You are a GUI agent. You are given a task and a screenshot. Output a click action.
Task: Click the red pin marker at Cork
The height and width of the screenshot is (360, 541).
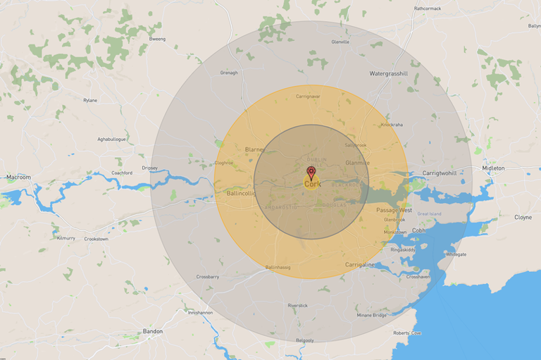pos(311,172)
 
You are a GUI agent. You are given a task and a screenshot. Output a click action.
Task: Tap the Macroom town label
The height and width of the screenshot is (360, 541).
pos(18,177)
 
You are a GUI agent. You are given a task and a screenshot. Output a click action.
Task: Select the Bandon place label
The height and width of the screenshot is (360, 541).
pos(153,331)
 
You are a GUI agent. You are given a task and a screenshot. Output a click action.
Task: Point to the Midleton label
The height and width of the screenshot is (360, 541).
pos(493,168)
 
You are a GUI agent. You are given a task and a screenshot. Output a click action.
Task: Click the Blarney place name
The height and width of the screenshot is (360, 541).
pos(254,149)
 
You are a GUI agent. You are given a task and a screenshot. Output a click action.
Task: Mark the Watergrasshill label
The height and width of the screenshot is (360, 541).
pos(389,73)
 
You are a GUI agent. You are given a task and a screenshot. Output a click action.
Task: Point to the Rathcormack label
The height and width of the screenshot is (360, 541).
pos(428,8)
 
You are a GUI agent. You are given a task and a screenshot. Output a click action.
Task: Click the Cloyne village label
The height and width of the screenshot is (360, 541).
pos(523,217)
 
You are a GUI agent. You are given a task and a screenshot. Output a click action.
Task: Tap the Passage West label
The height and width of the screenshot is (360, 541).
pos(394,210)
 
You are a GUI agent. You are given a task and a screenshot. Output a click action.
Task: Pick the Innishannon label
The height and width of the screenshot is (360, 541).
pos(200,311)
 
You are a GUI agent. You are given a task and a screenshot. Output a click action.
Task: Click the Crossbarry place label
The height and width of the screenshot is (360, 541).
pos(208,277)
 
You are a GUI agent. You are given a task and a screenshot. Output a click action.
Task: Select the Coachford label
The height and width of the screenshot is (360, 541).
pos(122,173)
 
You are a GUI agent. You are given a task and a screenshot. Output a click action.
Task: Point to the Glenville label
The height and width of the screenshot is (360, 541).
pos(340,42)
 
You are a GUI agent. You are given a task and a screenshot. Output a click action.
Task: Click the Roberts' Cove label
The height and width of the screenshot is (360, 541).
pos(407,333)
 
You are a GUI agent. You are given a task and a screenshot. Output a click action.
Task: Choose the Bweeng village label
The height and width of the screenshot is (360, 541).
pos(156,39)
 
